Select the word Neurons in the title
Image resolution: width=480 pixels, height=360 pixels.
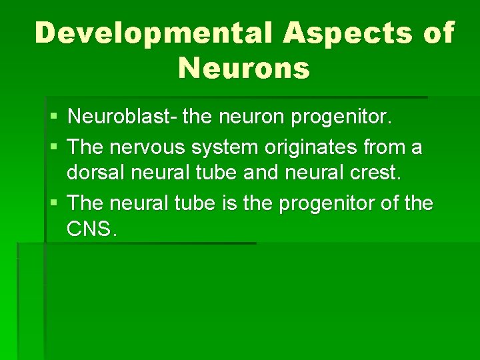244,67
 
